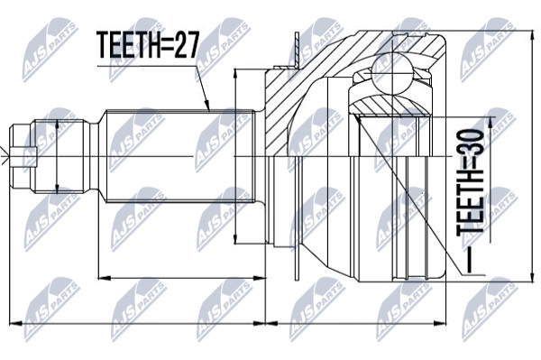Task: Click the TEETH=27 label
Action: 148,45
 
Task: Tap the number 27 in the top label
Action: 187,45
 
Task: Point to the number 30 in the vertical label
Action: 471,143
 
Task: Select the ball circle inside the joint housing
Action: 392,72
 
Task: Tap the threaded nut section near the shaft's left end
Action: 59,156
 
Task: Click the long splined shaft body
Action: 180,156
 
